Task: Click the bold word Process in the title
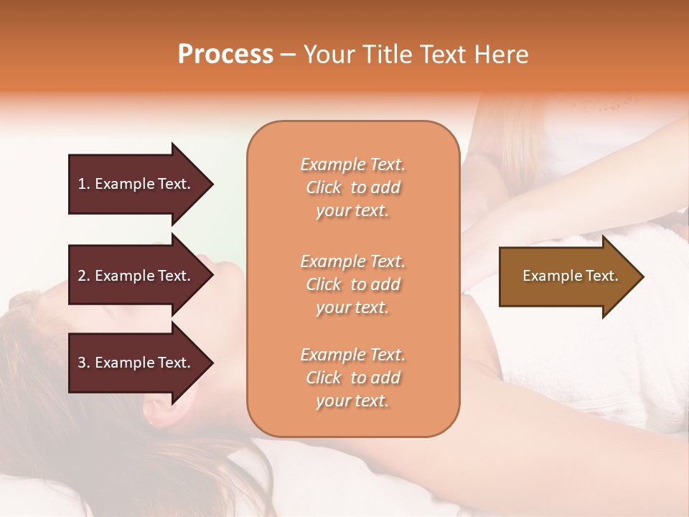coord(225,54)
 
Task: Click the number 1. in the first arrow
coord(84,184)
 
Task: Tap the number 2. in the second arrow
coord(84,276)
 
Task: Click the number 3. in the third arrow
coord(84,363)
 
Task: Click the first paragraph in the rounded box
coord(352,187)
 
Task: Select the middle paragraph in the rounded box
coord(352,284)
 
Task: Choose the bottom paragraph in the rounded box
coord(352,378)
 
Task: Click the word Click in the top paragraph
coord(324,187)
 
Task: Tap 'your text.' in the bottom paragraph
coord(352,401)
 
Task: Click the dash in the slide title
coord(288,54)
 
